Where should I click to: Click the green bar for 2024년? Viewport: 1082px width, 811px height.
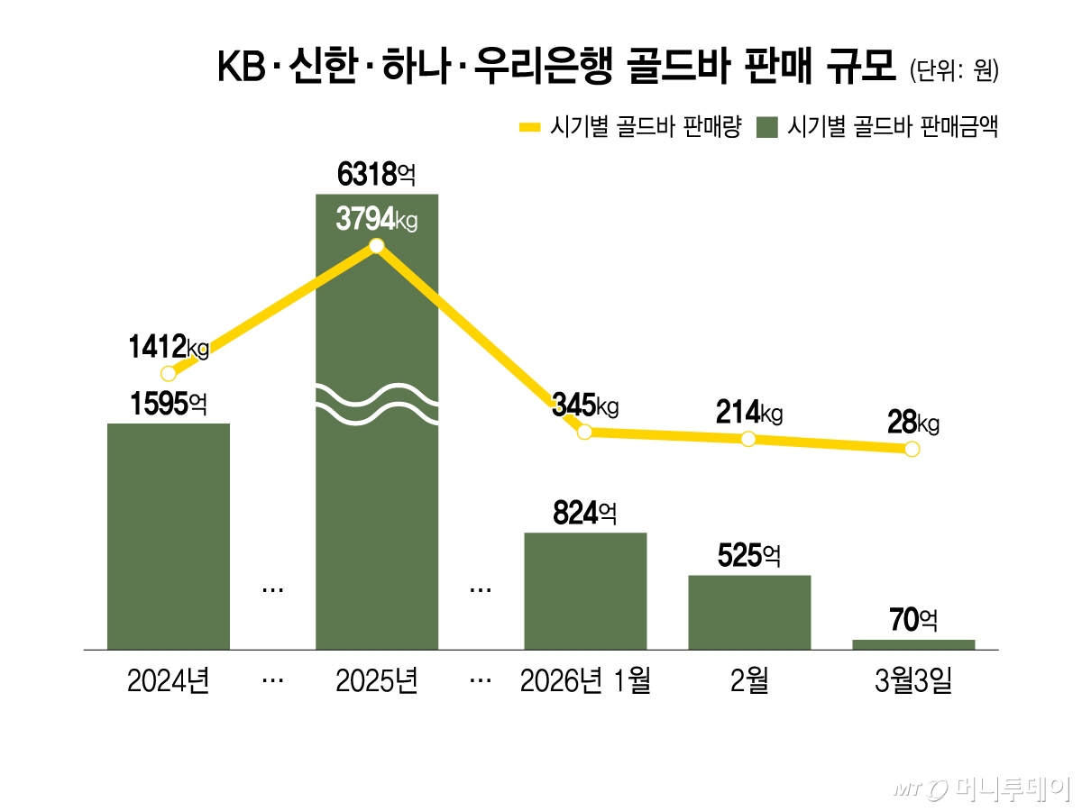click(169, 536)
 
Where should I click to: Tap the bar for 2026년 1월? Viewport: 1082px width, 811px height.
click(585, 590)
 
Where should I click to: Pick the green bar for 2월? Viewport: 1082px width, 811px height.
click(749, 612)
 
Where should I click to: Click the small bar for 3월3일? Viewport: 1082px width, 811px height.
click(913, 644)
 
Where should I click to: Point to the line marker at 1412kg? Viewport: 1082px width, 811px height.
click(168, 373)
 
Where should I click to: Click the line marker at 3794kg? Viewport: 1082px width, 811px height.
click(377, 246)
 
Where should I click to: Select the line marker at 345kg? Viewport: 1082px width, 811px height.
click(584, 432)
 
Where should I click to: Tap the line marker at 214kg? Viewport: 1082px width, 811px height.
click(747, 439)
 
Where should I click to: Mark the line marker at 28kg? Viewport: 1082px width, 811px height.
click(912, 449)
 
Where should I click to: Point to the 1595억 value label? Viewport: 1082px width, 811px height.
click(169, 404)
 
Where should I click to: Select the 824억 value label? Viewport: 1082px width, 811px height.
click(585, 514)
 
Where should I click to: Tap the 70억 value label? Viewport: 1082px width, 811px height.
click(913, 620)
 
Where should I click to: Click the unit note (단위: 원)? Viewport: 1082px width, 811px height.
click(954, 71)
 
